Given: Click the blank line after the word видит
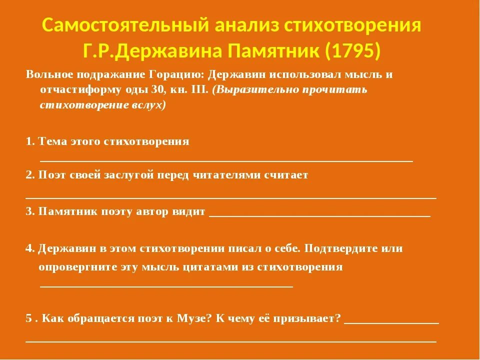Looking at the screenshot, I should pyautogui.click(x=319, y=215).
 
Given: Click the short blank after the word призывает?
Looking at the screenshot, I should pyautogui.click(x=391, y=323).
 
